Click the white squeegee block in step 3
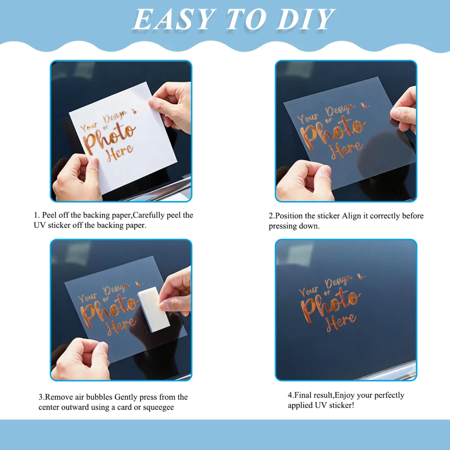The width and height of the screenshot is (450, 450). [154, 310]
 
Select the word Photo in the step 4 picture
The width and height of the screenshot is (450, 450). [330, 306]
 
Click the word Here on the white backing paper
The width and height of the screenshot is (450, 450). [120, 153]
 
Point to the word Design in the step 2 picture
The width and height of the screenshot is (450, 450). [340, 109]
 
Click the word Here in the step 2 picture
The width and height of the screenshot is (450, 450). [346, 149]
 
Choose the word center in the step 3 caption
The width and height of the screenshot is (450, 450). [48, 408]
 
